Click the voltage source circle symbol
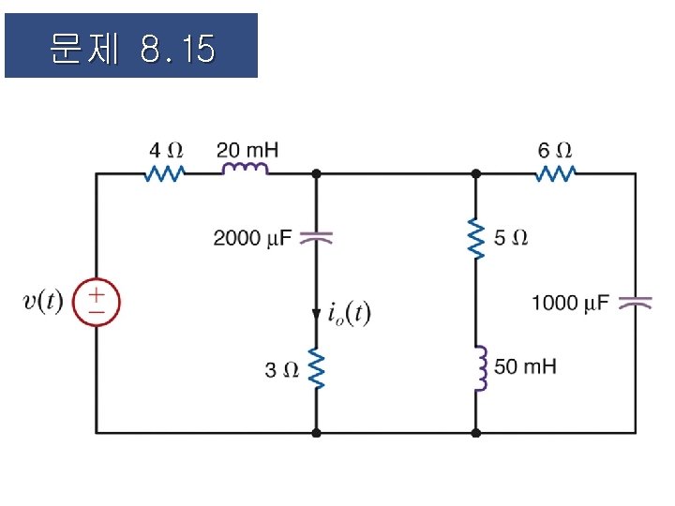[x=97, y=301]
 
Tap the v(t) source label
[x=43, y=301]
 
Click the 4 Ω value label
[x=166, y=150]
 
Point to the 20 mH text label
[x=247, y=149]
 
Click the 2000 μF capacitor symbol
[x=316, y=238]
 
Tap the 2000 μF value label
[x=252, y=238]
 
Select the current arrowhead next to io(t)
[x=316, y=308]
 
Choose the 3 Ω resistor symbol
[x=316, y=369]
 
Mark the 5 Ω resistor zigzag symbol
[x=475, y=239]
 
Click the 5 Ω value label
[x=510, y=238]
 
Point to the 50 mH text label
[x=525, y=366]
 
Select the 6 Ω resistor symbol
[x=556, y=173]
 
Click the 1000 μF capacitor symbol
[x=635, y=303]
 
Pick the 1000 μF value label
[x=570, y=303]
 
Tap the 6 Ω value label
[x=556, y=150]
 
